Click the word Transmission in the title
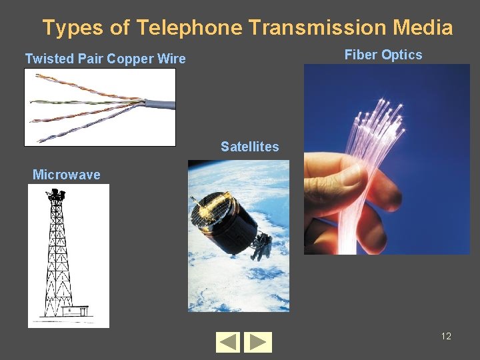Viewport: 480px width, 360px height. [x=317, y=28]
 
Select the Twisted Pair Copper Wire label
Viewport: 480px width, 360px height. [x=105, y=59]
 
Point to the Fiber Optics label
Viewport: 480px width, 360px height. [x=383, y=55]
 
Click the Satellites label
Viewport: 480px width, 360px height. [x=250, y=147]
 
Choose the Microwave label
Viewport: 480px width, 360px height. [x=67, y=175]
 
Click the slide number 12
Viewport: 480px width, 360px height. [x=446, y=336]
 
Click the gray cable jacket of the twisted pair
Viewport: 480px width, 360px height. [x=160, y=104]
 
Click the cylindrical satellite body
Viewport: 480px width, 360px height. [x=230, y=223]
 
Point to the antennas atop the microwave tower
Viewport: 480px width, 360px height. [x=56, y=195]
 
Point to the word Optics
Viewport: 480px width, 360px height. [x=401, y=55]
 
